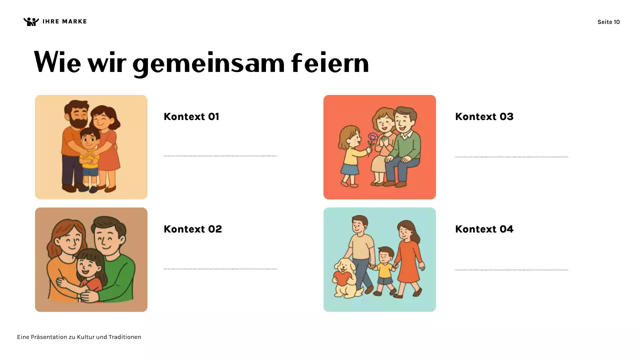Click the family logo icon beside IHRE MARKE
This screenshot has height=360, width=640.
[x=31, y=21]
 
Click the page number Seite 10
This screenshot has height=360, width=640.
[x=608, y=22]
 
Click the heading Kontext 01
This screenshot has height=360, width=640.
[x=191, y=116]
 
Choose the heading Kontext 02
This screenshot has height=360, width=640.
[x=192, y=229]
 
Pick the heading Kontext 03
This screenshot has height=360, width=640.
[x=484, y=116]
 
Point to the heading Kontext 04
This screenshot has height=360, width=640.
[x=484, y=229]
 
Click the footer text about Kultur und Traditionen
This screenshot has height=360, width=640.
[x=79, y=337]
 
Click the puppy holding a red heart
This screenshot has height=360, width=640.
[x=346, y=277]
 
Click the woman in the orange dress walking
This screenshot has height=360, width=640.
[x=407, y=257]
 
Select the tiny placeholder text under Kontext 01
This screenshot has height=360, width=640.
[x=220, y=156]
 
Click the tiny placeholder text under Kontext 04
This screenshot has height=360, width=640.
[x=511, y=270]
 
